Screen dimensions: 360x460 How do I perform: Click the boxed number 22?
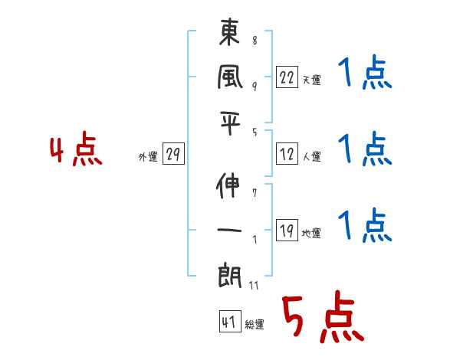click(x=287, y=77)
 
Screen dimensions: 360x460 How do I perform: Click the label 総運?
click(x=254, y=325)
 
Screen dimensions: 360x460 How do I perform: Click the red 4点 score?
click(x=75, y=151)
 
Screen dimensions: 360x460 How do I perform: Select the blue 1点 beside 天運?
click(x=365, y=75)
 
